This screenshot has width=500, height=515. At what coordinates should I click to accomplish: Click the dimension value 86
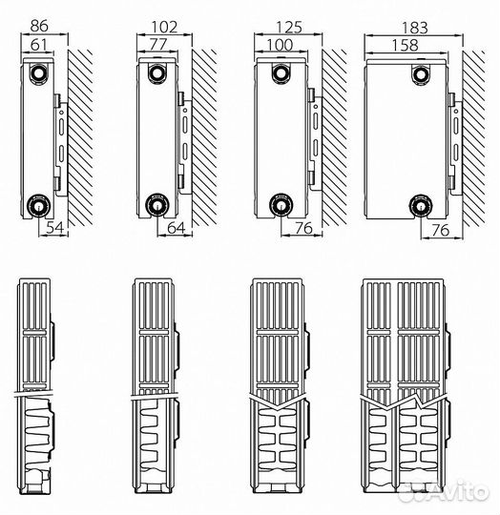pos(39,26)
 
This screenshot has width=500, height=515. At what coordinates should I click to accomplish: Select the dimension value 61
pos(39,45)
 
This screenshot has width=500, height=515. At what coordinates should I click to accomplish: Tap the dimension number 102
pos(164,27)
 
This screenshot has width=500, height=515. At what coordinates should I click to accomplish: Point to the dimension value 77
pos(158,44)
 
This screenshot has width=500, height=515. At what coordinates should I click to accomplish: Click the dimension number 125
pos(289,28)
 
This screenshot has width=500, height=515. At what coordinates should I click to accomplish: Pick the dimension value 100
pos(280,45)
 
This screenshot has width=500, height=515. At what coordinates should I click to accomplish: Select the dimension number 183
pos(414,28)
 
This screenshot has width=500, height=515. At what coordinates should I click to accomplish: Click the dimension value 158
pos(406,46)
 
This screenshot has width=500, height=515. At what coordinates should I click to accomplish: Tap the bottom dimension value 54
pos(54,227)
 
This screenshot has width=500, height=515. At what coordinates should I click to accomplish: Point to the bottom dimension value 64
pos(177,228)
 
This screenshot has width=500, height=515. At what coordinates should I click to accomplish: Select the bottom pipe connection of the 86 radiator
pos(39,206)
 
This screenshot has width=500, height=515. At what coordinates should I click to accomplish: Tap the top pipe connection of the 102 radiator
pos(157,73)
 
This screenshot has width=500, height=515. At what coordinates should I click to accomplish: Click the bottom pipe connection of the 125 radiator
pos(281,205)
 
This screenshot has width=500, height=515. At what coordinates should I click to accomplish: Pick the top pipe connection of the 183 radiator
pos(421,75)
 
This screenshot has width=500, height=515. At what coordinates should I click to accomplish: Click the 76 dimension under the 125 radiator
pos(303,228)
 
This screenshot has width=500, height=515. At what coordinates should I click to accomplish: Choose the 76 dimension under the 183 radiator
pos(441,230)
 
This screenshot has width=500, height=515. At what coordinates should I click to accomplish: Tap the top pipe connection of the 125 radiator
pos(281,73)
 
